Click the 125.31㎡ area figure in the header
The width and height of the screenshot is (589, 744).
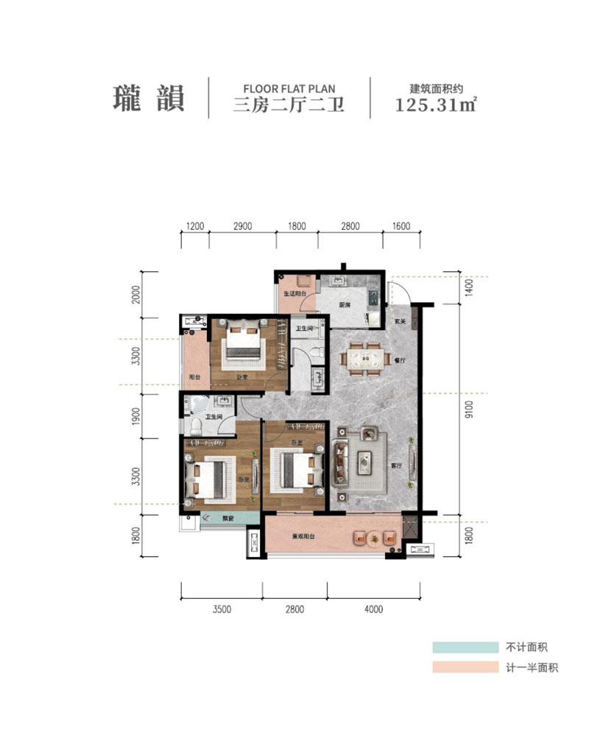coord(435,104)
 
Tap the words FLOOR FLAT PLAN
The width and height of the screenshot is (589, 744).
coord(289,88)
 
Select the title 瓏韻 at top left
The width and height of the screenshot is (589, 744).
coord(148,97)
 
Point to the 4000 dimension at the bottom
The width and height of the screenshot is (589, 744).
coord(374,608)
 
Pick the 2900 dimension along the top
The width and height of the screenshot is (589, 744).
coord(242,226)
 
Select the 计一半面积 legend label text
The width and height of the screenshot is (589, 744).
coord(532,668)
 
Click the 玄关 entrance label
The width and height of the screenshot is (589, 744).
coord(400,321)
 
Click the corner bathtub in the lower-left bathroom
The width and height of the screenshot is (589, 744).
coord(195,404)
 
